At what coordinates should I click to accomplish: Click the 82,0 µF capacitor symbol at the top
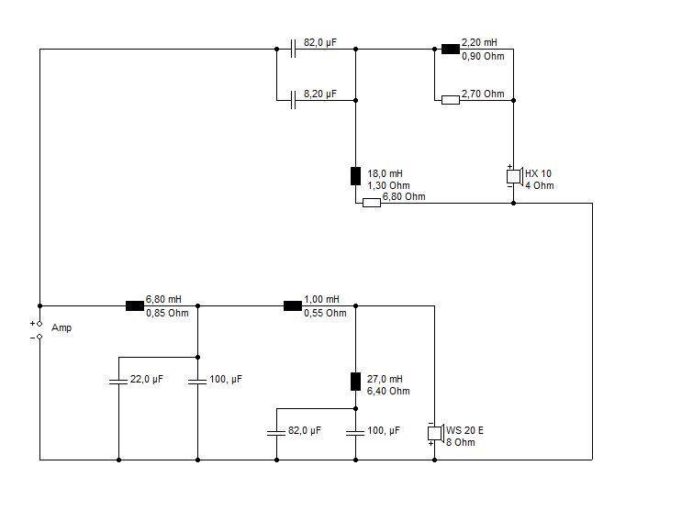[x=293, y=49]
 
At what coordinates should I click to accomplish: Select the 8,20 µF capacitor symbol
[x=293, y=100]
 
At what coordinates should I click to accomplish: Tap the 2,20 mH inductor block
[x=451, y=49]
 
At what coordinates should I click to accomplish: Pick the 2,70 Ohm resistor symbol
[x=451, y=100]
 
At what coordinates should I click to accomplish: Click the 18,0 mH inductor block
[x=355, y=176]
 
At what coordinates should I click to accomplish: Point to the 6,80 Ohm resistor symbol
[x=371, y=203]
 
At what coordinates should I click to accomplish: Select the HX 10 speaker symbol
[x=515, y=176]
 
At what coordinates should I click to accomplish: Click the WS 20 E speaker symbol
[x=436, y=433]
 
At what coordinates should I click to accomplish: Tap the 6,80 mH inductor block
[x=135, y=305]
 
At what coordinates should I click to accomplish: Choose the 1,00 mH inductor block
[x=293, y=305]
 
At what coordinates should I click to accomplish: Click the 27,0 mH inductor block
[x=355, y=382]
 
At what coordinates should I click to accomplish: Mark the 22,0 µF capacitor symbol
[x=118, y=381]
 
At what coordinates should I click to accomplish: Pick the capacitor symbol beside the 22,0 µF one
[x=197, y=381]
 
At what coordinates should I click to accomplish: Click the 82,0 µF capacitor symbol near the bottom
[x=276, y=432]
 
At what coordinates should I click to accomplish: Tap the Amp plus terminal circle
[x=39, y=324]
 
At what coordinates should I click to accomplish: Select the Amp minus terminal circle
[x=39, y=337]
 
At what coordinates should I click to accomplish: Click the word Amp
[x=61, y=327]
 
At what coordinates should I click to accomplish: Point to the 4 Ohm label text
[x=539, y=185]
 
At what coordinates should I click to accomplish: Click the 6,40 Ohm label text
[x=388, y=391]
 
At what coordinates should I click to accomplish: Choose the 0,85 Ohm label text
[x=167, y=313]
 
